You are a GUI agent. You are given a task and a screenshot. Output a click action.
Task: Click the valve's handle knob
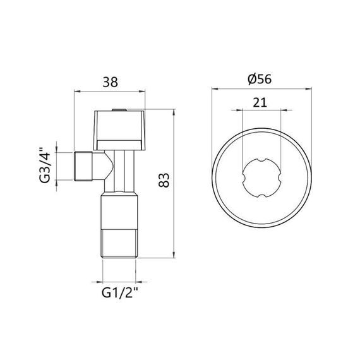tap(120, 126)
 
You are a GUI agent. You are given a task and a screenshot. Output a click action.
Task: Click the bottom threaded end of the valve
tap(120, 244)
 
